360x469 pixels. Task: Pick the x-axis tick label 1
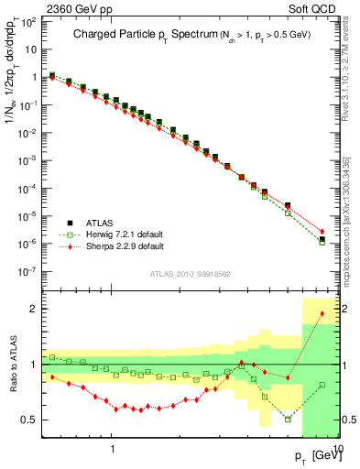(x=113, y=447)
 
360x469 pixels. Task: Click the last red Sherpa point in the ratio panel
(x=322, y=314)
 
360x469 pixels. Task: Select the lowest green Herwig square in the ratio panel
(x=288, y=419)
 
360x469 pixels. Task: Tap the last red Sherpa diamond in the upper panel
(x=322, y=232)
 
